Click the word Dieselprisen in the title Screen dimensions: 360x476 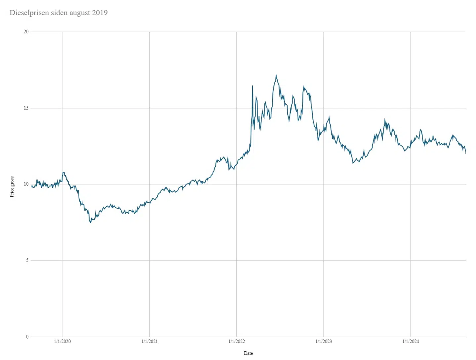(29, 13)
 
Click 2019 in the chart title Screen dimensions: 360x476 (100, 13)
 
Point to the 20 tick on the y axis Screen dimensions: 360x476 (26, 32)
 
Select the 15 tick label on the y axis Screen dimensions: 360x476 (26, 108)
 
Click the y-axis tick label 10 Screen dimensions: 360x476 (26, 184)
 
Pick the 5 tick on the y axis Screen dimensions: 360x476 (27, 260)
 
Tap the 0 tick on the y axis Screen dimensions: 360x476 (27, 337)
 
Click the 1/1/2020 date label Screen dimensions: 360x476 (62, 341)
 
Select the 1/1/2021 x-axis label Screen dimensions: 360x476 (149, 341)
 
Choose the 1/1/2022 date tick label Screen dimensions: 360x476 (236, 341)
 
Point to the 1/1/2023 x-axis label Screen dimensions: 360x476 (324, 341)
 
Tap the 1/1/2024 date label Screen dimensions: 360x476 (411, 341)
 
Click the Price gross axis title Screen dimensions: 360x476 (12, 187)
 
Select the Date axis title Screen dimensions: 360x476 (248, 353)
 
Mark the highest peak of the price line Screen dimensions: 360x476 (276, 75)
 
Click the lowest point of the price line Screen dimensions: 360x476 (91, 222)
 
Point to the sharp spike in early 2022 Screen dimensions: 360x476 (253, 86)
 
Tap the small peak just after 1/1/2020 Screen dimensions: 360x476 (63, 172)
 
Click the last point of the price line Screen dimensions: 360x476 (466, 153)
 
